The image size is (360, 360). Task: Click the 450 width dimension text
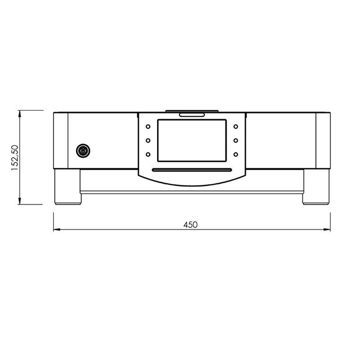pyautogui.click(x=191, y=225)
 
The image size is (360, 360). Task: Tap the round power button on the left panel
pyautogui.click(x=82, y=151)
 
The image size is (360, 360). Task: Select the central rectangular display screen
pyautogui.click(x=192, y=140)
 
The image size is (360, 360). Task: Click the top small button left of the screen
pyautogui.click(x=148, y=127)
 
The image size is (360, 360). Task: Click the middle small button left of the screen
pyautogui.click(x=148, y=141)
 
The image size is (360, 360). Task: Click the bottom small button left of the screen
pyautogui.click(x=148, y=155)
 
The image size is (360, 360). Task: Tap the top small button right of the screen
pyautogui.click(x=235, y=127)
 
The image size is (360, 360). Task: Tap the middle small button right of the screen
pyautogui.click(x=235, y=141)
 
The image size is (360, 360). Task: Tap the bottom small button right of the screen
pyautogui.click(x=235, y=155)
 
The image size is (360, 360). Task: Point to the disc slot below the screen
pyautogui.click(x=192, y=170)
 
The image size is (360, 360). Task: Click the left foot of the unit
pyautogui.click(x=67, y=186)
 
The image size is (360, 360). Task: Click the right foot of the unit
pyautogui.click(x=316, y=186)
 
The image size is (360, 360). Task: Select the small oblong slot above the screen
pyautogui.click(x=192, y=115)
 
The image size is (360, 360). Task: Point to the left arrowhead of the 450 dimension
pyautogui.click(x=57, y=230)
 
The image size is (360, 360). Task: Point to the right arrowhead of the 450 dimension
pyautogui.click(x=328, y=230)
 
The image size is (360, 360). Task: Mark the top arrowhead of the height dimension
pyautogui.click(x=20, y=114)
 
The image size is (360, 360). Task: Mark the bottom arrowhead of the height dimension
pyautogui.click(x=20, y=201)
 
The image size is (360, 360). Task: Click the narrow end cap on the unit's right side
pyautogui.click(x=323, y=140)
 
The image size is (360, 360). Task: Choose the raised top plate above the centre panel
pyautogui.click(x=192, y=111)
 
